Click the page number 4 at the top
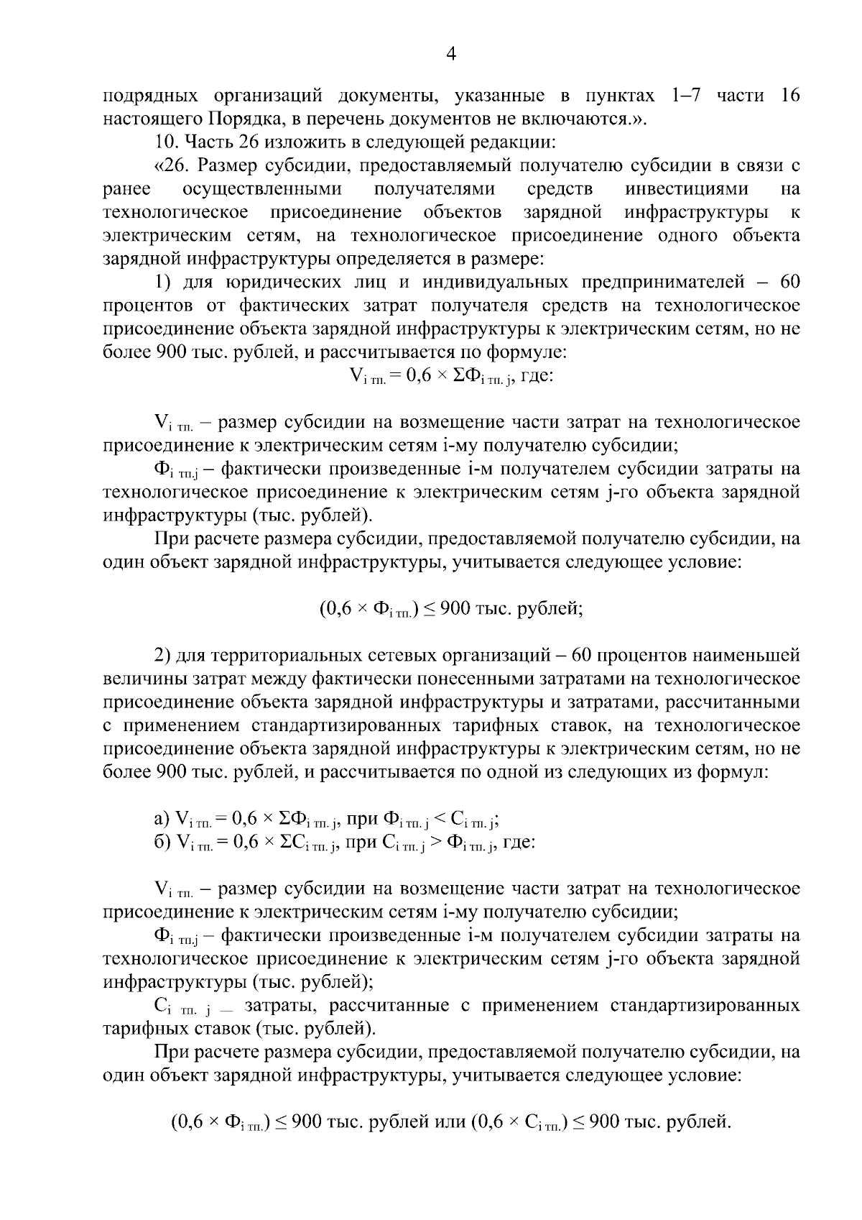451,55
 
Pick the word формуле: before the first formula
527,352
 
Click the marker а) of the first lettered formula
162,818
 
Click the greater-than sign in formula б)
435,842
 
